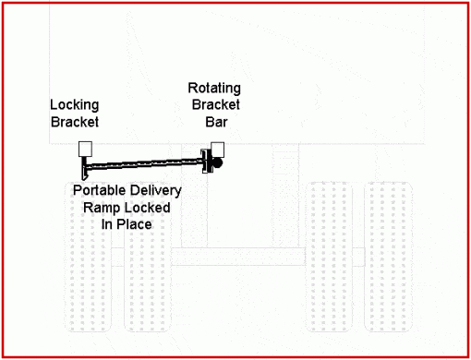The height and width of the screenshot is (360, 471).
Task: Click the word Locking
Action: click(73, 106)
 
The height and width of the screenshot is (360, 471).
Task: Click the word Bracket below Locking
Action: click(73, 121)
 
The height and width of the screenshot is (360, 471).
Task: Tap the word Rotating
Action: click(214, 89)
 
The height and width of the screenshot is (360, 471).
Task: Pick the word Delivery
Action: click(155, 190)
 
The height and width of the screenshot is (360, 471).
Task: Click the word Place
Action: click(134, 223)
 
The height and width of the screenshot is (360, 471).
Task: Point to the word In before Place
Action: click(107, 223)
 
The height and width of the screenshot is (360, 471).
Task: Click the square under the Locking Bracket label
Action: click(86, 149)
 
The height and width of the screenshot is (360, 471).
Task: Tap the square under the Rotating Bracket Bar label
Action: click(218, 149)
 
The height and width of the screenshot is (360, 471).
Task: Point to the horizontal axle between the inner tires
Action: click(239, 257)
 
